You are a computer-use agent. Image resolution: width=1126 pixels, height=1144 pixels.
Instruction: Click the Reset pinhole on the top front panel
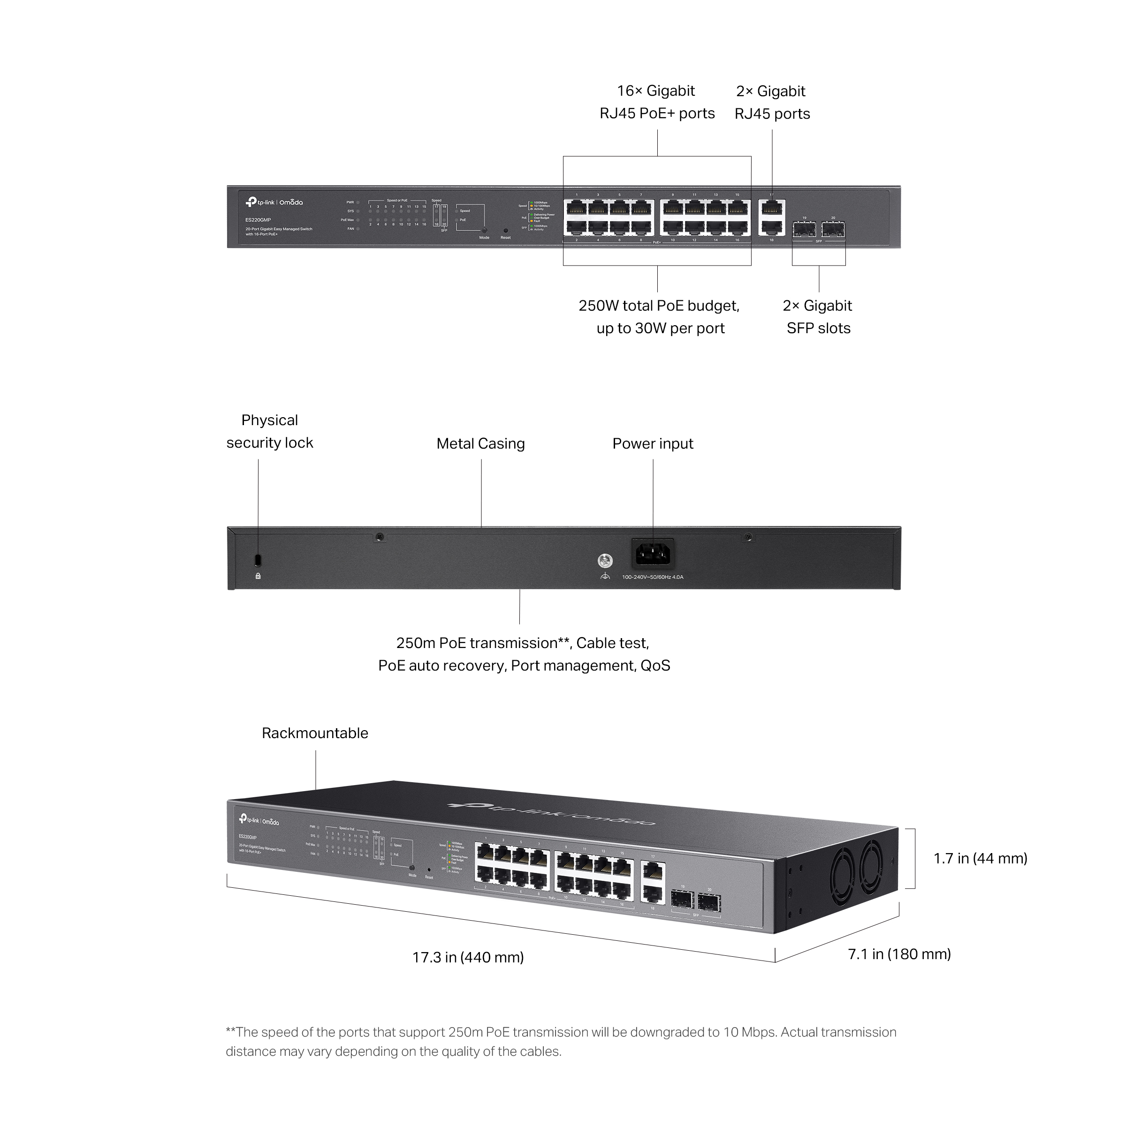(x=505, y=230)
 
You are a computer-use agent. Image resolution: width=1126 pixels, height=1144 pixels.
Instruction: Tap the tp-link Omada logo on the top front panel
(x=274, y=202)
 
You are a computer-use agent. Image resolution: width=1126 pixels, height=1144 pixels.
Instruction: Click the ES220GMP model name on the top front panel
(x=258, y=220)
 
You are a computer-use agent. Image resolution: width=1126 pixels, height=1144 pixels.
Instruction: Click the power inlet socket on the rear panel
(x=653, y=554)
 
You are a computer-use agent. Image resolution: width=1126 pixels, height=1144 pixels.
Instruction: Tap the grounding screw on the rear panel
(x=605, y=560)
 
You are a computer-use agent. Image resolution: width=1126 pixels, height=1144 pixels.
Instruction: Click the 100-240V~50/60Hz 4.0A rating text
(x=652, y=577)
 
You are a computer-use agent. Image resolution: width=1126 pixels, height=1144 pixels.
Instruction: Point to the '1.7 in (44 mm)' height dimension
(x=980, y=858)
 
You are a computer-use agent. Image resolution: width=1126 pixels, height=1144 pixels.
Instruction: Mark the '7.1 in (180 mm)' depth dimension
(x=899, y=954)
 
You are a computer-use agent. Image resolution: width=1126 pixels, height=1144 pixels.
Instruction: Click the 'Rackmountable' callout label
(x=315, y=733)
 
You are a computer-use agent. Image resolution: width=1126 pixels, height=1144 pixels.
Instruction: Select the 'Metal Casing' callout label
(x=480, y=443)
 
